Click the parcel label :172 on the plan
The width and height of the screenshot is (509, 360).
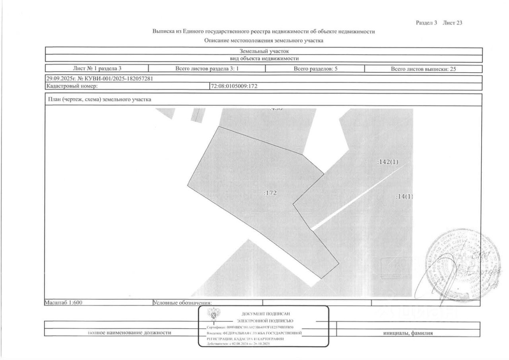[x=270, y=193]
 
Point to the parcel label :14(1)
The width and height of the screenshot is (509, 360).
[x=404, y=197]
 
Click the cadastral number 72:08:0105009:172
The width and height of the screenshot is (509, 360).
[x=235, y=86]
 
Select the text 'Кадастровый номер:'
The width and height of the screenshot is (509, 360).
[x=72, y=86]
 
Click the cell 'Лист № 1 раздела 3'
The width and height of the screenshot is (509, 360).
[x=97, y=68]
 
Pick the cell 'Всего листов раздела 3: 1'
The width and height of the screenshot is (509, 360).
[x=206, y=68]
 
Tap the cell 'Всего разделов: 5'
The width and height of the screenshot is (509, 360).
[x=315, y=68]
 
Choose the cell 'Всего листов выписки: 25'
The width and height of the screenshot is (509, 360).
[x=423, y=68]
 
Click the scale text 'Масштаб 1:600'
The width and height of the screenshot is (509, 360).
[x=63, y=302]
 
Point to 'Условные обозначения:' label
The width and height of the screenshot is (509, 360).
[x=183, y=303]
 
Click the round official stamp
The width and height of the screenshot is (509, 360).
[x=463, y=265]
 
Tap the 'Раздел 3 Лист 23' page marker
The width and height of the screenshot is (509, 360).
[x=439, y=23]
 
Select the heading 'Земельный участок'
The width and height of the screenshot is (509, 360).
[x=263, y=51]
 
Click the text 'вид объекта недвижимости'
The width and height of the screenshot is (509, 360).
[x=263, y=58]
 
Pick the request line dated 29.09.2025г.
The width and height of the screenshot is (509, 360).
[x=99, y=78]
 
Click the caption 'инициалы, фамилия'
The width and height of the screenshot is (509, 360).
[x=408, y=333]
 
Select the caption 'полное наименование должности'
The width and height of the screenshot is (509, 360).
[x=129, y=333]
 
